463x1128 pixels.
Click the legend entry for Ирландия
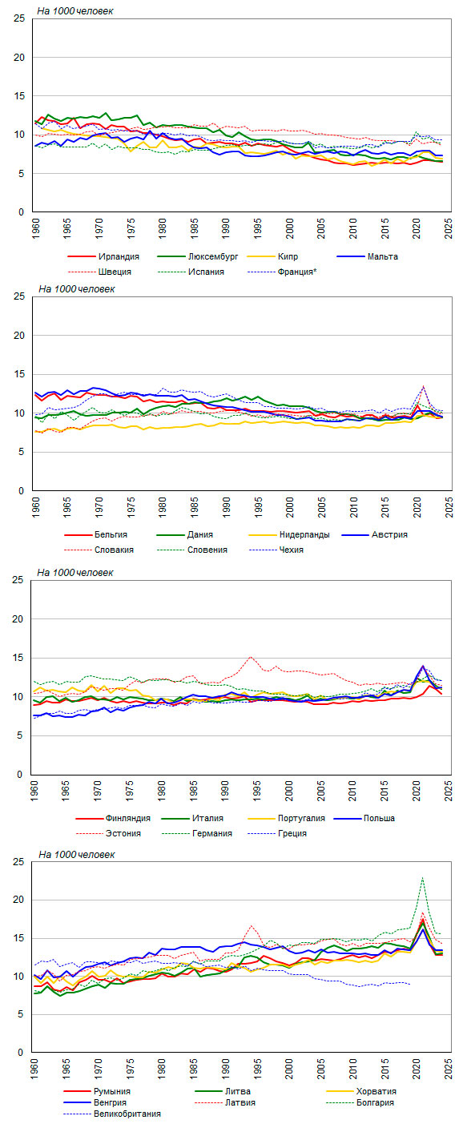[x=119, y=256]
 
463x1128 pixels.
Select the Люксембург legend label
[x=213, y=256]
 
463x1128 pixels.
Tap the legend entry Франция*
[x=297, y=272]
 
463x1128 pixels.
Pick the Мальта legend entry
[x=382, y=256]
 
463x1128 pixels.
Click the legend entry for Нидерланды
[x=304, y=534]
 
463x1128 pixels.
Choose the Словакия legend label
[x=114, y=550]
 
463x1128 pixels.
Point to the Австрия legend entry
[x=389, y=534]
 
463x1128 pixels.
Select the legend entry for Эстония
[x=123, y=833]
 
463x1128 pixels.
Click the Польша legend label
[x=379, y=818]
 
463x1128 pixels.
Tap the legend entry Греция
[x=292, y=833]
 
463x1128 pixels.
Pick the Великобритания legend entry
[x=127, y=1114]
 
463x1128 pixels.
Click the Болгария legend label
[x=375, y=1102]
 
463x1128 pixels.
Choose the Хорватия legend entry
[x=376, y=1091]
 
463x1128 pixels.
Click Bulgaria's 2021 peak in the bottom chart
[x=422, y=878]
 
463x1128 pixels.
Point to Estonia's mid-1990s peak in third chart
[x=251, y=657]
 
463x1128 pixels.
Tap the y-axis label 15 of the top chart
[x=19, y=95]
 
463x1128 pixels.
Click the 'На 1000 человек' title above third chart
[x=75, y=573]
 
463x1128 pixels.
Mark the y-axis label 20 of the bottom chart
[x=18, y=900]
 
